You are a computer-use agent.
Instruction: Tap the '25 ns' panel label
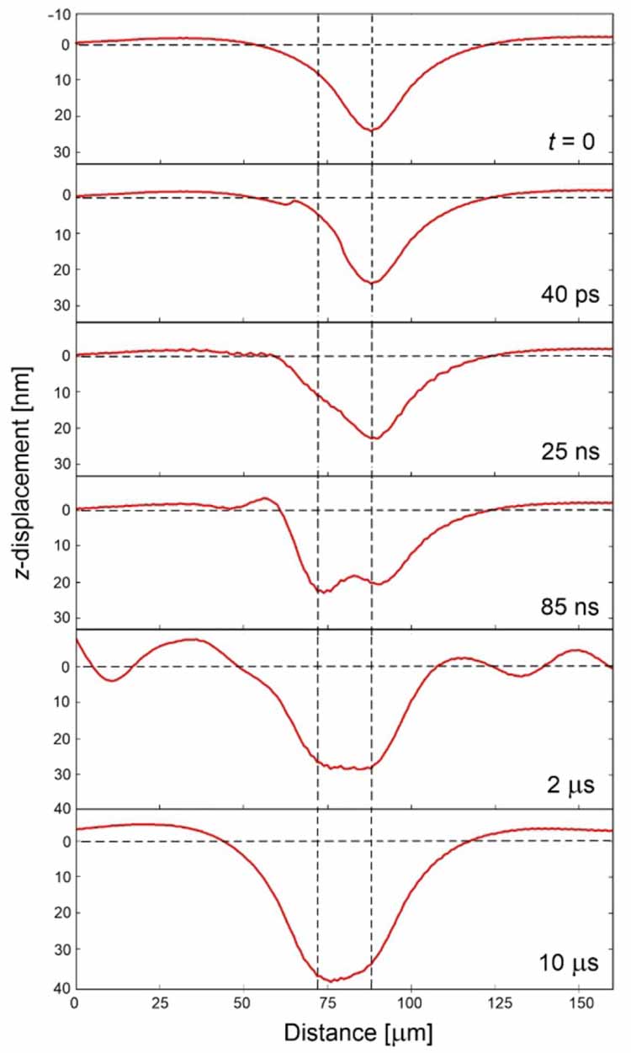tap(570, 451)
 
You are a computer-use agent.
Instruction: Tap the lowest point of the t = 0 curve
tap(371, 130)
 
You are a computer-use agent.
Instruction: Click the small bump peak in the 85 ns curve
tap(266, 498)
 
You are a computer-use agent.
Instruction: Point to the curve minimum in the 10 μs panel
tap(334, 981)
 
